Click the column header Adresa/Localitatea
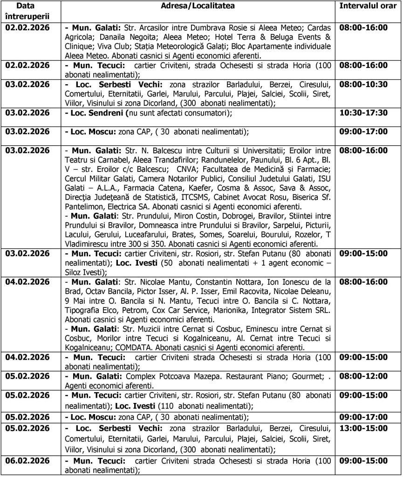(x=198, y=6)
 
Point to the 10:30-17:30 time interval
(x=363, y=113)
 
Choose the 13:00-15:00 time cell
(x=363, y=428)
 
